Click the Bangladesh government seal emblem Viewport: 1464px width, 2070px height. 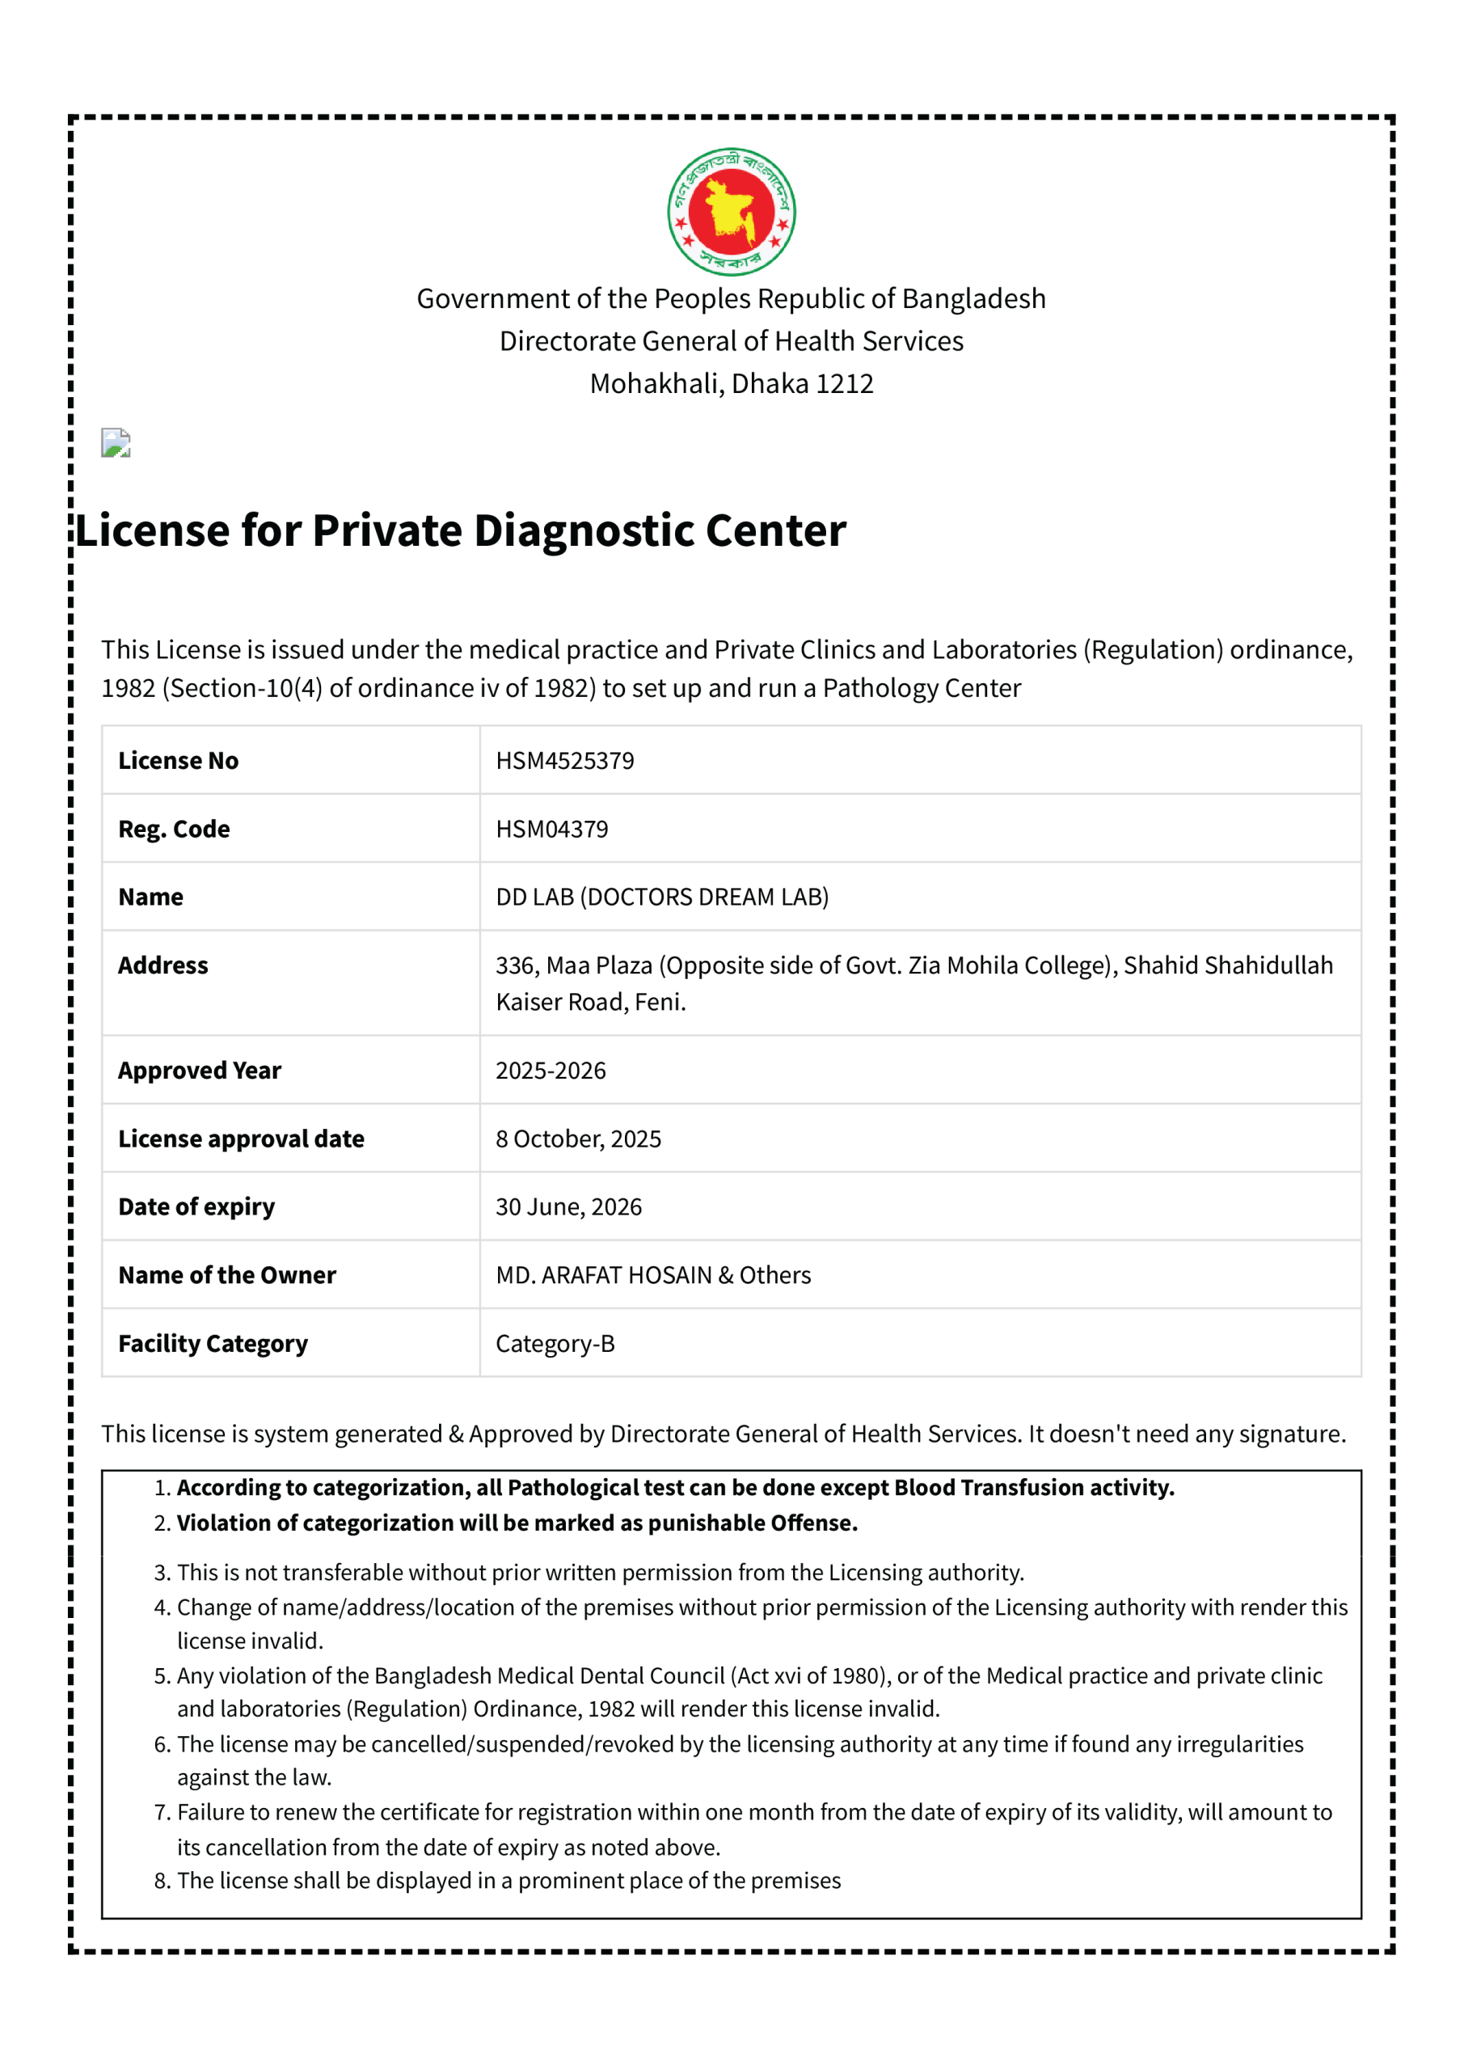[731, 212]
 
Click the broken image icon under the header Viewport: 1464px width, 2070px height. [116, 442]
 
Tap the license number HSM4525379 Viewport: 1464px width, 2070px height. [564, 761]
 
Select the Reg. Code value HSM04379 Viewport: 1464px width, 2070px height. [551, 830]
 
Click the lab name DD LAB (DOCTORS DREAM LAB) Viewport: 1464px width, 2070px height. [662, 897]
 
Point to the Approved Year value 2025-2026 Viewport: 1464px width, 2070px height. [550, 1070]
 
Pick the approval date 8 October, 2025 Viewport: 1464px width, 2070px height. [578, 1138]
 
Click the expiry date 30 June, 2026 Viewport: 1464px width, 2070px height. [568, 1207]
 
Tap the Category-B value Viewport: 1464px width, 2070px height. [555, 1344]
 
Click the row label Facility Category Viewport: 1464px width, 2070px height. [213, 1344]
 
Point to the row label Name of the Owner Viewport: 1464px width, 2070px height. [226, 1276]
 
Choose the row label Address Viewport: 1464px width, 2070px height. [163, 965]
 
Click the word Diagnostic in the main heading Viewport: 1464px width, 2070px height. [584, 530]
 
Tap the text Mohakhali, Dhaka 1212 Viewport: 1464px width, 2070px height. [731, 383]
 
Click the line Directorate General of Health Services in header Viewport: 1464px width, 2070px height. [731, 340]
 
